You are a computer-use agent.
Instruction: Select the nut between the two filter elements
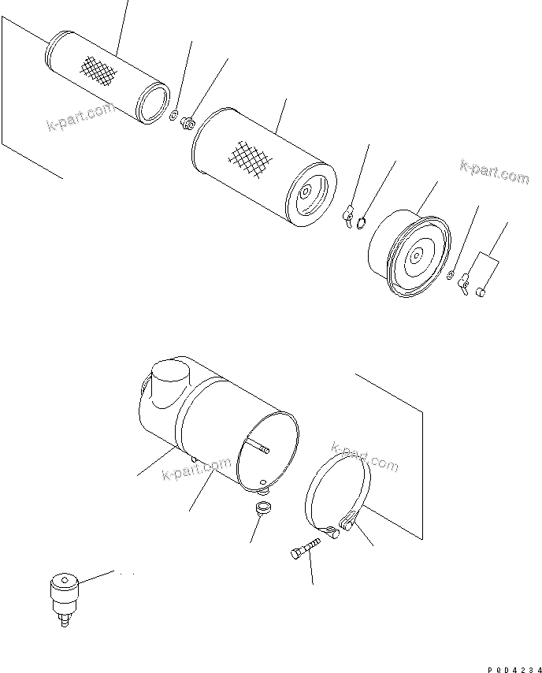point(187,123)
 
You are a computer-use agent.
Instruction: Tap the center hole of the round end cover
point(416,253)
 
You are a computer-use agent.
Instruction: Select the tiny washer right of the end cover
point(449,275)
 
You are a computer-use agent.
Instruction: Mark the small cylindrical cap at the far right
point(481,292)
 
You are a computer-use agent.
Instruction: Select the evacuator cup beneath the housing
point(264,509)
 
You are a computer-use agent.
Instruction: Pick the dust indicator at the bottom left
point(62,593)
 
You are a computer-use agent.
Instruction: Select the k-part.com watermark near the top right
point(494,171)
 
